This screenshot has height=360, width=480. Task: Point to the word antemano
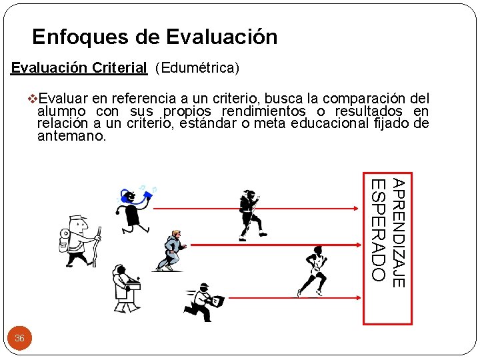[x=71, y=136]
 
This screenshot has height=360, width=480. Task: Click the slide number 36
[x=19, y=338]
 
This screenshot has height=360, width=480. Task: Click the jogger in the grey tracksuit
[x=171, y=251]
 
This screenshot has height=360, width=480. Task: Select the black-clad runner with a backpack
[x=252, y=213]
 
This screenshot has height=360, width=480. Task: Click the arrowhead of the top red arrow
[x=357, y=209]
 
